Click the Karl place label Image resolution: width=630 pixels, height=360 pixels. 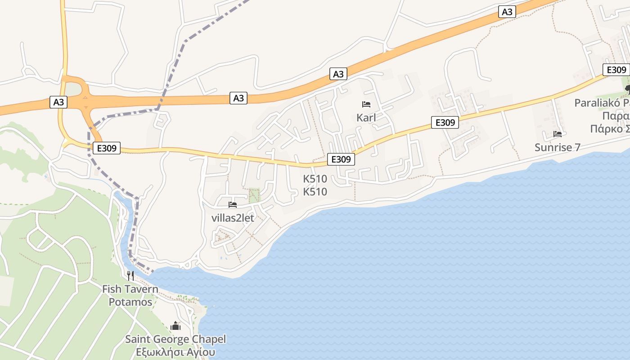pyautogui.click(x=366, y=118)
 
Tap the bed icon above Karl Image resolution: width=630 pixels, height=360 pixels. pyautogui.click(x=366, y=104)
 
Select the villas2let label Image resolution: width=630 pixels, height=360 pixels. pyautogui.click(x=233, y=218)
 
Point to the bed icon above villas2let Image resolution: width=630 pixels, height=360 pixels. pyautogui.click(x=233, y=205)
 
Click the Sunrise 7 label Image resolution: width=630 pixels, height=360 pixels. pyautogui.click(x=558, y=147)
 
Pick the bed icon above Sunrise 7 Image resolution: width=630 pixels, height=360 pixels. pyautogui.click(x=558, y=134)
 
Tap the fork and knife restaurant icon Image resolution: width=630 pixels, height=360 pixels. pyautogui.click(x=130, y=275)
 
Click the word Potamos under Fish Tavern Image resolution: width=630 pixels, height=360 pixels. pyautogui.click(x=130, y=302)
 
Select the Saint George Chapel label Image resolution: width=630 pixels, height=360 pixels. pyautogui.click(x=175, y=339)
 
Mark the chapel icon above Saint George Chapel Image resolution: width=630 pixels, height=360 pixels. pyautogui.click(x=175, y=326)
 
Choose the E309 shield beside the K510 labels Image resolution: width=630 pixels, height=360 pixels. pyautogui.click(x=341, y=159)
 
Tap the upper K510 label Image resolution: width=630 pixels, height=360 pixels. pyautogui.click(x=315, y=179)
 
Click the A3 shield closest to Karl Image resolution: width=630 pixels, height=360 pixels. pyautogui.click(x=338, y=74)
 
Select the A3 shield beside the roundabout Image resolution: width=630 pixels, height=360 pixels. pyautogui.click(x=58, y=103)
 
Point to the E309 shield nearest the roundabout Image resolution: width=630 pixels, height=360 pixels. pyautogui.click(x=107, y=148)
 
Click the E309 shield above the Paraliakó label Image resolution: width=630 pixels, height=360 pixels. pyautogui.click(x=616, y=70)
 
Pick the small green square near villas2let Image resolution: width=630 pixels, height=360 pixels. pyautogui.click(x=254, y=195)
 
